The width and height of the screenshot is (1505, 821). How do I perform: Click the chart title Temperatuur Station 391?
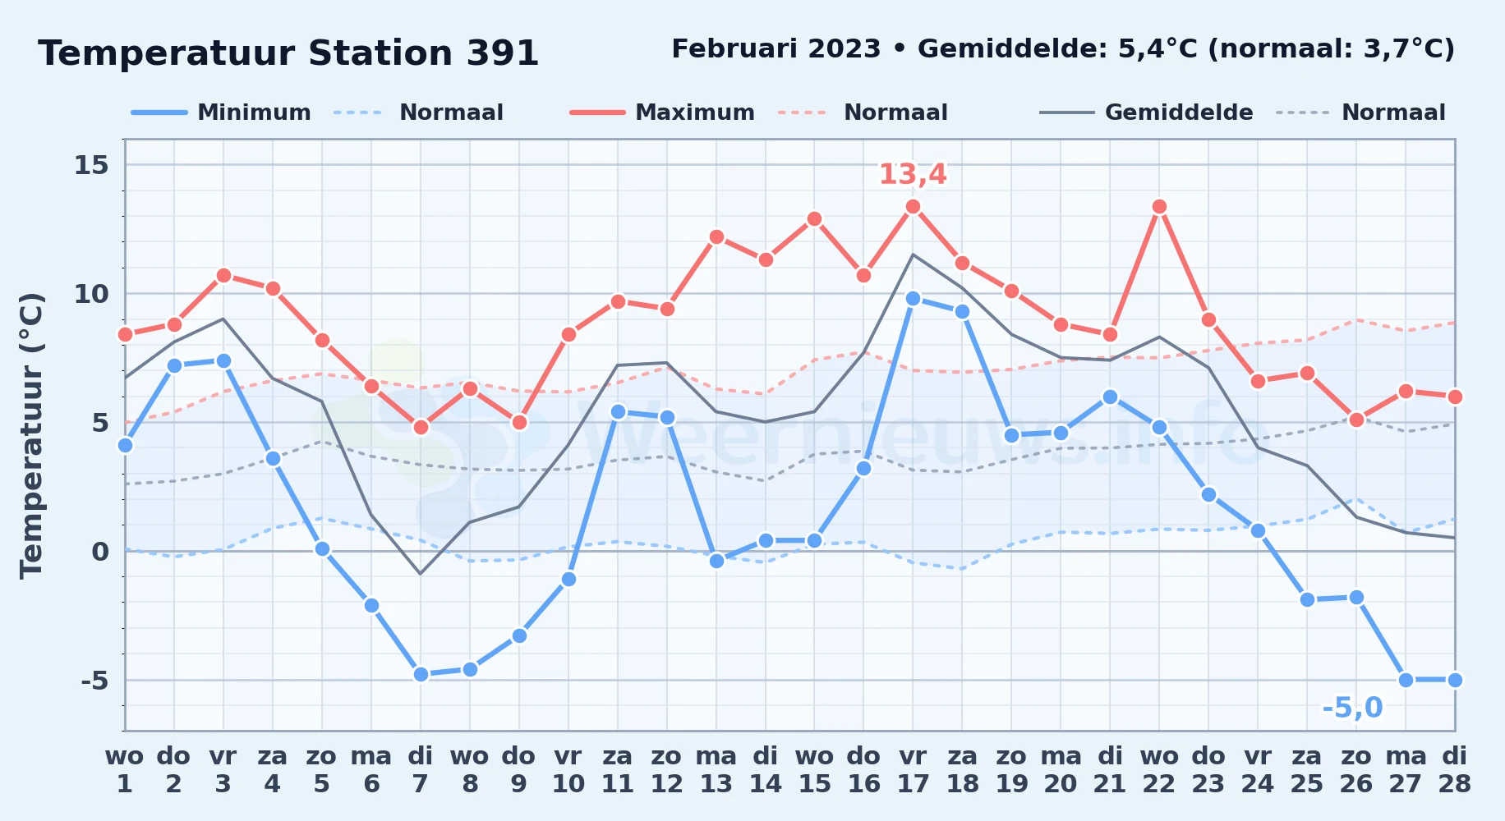click(288, 53)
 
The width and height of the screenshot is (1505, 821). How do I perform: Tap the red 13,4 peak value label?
click(913, 174)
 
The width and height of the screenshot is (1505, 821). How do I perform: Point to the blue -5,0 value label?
click(1352, 707)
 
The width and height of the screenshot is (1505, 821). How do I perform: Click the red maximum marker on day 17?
click(913, 207)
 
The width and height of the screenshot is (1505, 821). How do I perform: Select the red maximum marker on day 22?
click(1159, 207)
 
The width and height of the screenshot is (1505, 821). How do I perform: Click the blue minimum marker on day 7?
click(421, 675)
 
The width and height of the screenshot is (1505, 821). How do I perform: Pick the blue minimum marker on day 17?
click(913, 299)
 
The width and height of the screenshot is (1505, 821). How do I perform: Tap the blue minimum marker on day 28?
click(1454, 680)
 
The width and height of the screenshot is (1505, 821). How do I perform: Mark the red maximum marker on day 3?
click(223, 276)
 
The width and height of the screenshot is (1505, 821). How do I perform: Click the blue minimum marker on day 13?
click(716, 562)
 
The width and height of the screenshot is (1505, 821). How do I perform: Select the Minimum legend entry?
click(222, 112)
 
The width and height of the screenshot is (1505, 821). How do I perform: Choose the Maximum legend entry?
click(663, 112)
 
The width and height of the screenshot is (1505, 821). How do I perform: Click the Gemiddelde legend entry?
click(1147, 112)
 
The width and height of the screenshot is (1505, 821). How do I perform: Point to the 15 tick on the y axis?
click(91, 165)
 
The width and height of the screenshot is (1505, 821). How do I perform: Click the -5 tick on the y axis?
click(94, 681)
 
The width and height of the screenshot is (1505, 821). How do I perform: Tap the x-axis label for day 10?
click(568, 770)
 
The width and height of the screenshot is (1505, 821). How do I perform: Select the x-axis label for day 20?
click(1061, 770)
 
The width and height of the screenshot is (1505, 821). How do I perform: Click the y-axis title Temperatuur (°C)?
click(31, 435)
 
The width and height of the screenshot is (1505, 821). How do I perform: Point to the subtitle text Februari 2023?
click(776, 49)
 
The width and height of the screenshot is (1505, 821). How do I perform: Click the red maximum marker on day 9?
click(519, 423)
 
